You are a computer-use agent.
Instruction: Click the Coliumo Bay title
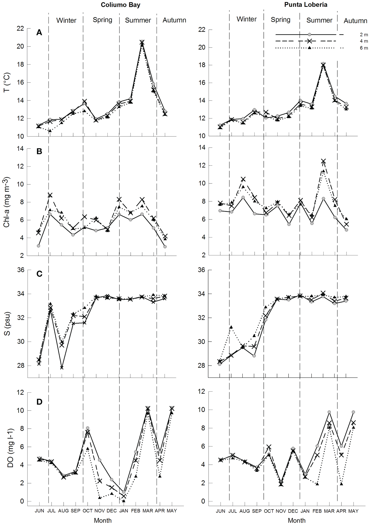(120, 5)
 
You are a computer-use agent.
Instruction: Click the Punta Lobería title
(306, 5)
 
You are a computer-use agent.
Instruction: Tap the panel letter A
(39, 33)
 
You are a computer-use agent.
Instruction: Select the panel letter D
(39, 402)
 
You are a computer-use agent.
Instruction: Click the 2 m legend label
(363, 35)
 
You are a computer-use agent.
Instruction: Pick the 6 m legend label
(363, 48)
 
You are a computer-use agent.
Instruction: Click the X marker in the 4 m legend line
(309, 41)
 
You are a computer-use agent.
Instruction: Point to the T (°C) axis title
(7, 82)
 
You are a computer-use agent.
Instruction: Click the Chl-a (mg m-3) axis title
(7, 202)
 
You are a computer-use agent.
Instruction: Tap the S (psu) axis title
(7, 324)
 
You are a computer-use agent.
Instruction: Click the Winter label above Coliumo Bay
(66, 20)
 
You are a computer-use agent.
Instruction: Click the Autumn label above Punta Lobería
(355, 21)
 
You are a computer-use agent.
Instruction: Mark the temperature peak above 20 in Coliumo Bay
(142, 42)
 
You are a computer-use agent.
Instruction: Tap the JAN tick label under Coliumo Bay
(124, 511)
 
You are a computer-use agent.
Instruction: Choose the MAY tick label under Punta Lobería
(353, 511)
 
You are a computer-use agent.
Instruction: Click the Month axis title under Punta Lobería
(296, 520)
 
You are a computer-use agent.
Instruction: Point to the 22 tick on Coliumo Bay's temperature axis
(20, 28)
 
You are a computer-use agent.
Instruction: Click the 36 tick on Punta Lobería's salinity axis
(201, 270)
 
